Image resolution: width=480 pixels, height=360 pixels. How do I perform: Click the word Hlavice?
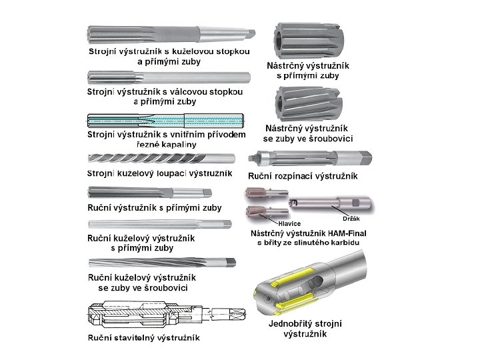[289, 223]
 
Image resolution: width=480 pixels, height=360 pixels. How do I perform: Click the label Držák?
[351, 219]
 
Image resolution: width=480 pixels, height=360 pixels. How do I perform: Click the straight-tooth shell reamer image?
[309, 41]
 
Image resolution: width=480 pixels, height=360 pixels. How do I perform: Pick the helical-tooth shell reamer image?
[308, 104]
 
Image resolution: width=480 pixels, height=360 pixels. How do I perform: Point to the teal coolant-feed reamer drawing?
[165, 121]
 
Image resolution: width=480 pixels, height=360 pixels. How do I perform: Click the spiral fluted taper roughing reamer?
[161, 159]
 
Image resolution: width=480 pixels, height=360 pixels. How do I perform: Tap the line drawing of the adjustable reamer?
[167, 315]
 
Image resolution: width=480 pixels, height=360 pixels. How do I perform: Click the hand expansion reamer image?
[310, 158]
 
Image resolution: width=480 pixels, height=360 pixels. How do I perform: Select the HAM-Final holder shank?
[330, 203]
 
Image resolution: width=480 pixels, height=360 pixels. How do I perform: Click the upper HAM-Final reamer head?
[267, 193]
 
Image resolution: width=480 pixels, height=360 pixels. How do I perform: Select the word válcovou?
[187, 91]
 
